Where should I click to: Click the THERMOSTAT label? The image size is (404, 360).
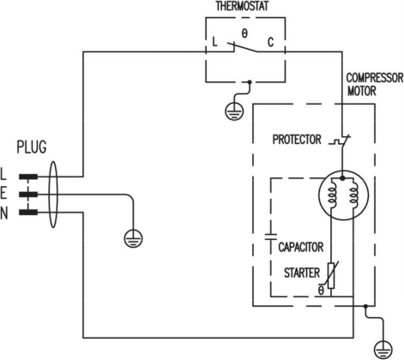(242, 6)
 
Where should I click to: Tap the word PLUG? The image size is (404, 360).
(32, 147)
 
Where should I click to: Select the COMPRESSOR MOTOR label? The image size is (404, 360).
(375, 84)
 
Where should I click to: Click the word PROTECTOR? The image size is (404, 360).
(297, 140)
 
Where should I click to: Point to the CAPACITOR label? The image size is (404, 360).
(301, 247)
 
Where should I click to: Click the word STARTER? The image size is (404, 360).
(302, 273)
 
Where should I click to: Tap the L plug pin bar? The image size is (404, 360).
(28, 177)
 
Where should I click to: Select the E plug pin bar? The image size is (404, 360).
(28, 195)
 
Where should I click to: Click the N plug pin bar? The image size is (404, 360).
(28, 212)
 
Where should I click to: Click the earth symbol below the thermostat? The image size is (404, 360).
(234, 111)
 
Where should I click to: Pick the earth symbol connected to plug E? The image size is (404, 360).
(133, 238)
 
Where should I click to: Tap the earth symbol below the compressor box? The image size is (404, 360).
(383, 350)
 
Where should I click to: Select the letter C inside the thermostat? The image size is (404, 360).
(270, 42)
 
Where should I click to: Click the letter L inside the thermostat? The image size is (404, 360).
(214, 42)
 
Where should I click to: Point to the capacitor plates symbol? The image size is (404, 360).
(270, 237)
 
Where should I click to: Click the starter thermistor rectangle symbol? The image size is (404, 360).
(331, 275)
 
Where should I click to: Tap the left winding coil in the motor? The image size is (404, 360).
(332, 195)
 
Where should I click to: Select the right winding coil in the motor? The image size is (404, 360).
(353, 195)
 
